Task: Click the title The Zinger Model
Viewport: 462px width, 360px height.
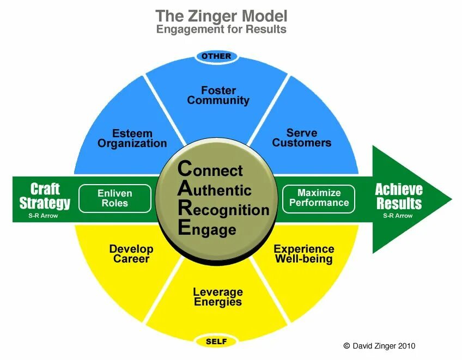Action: pos(221,16)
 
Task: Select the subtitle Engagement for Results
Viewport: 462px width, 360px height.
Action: pos(221,29)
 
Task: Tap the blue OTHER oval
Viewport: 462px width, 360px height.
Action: pos(216,56)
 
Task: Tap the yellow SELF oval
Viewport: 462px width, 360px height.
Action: pos(216,342)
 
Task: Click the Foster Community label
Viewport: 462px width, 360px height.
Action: pos(218,95)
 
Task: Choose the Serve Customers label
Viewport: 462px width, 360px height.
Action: pos(301,138)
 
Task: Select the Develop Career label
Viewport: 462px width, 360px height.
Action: pos(131,254)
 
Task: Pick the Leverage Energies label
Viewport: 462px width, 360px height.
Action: pos(218,297)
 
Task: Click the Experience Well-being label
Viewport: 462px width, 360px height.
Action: pos(303,254)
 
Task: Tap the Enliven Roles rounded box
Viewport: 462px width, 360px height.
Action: pos(114,198)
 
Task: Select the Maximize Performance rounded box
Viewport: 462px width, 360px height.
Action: pos(319,198)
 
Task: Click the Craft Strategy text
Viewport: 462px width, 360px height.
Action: pos(45,196)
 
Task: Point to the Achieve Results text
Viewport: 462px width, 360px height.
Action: pos(399,196)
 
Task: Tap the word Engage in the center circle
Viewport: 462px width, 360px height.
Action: pos(207,229)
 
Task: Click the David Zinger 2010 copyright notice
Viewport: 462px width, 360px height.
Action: pos(379,346)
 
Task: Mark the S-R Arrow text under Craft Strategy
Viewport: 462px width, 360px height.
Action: pos(43,216)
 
